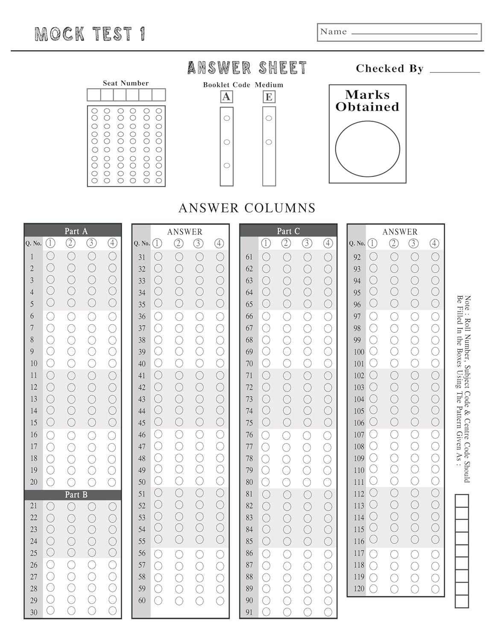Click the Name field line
[414, 33]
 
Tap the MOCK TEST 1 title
[90, 34]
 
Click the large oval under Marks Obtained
[367, 149]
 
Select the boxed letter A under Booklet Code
[226, 97]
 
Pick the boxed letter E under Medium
[269, 97]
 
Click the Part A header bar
[73, 231]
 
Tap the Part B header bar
[73, 495]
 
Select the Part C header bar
[288, 231]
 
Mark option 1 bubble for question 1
[50, 256]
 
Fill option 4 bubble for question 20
[112, 482]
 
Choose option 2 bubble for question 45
[179, 422]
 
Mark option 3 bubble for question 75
[308, 422]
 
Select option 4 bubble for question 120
[435, 589]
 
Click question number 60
[142, 601]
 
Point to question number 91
[249, 612]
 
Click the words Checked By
[390, 69]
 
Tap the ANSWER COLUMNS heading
[247, 208]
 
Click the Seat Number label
[126, 83]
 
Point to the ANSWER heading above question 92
[400, 232]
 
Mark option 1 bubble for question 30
[50, 611]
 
